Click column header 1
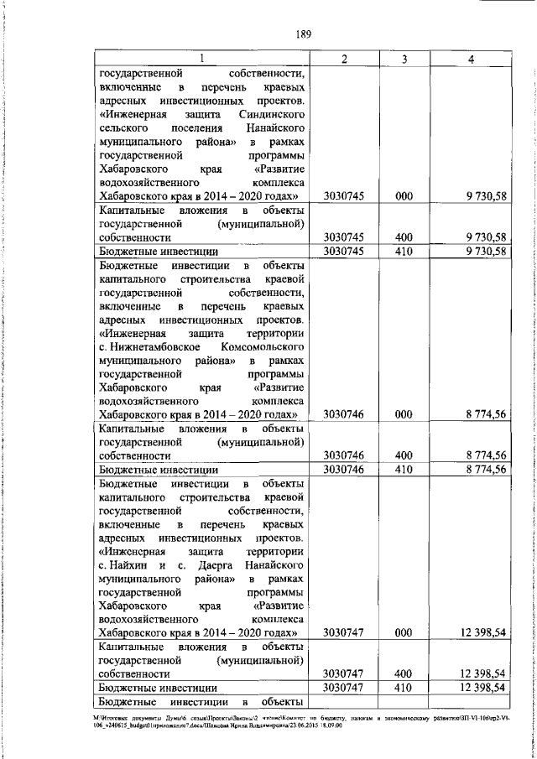pos(201,58)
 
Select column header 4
pos(472,58)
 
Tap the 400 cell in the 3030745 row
pos(404,237)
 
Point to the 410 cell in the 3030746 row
pos(404,469)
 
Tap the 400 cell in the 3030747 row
pos(404,673)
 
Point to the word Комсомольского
pos(263,345)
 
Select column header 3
pos(404,58)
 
